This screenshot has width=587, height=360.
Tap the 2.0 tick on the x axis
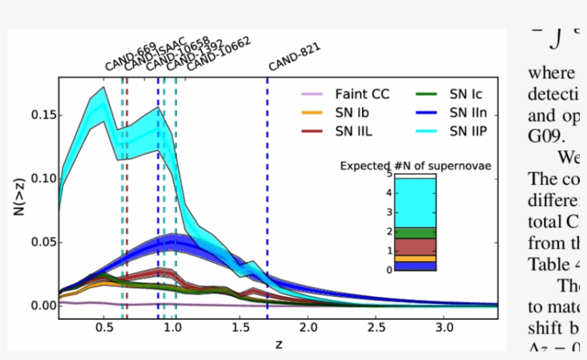(308, 327)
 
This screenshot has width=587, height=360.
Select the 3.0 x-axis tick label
(445, 327)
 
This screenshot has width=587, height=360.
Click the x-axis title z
(278, 345)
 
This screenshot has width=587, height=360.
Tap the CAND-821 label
(293, 57)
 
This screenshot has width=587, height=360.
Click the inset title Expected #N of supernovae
(415, 166)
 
